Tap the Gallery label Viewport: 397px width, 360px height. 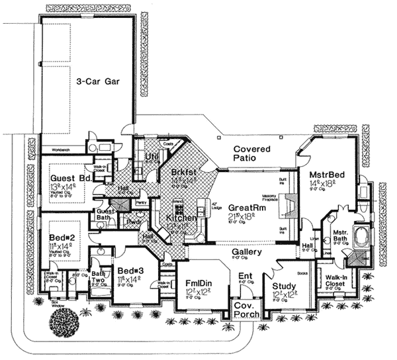pyautogui.click(x=247, y=252)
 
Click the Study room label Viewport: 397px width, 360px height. pyautogui.click(x=285, y=286)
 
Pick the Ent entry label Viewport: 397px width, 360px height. pyautogui.click(x=245, y=275)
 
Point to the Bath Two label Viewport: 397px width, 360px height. pyautogui.click(x=99, y=277)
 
